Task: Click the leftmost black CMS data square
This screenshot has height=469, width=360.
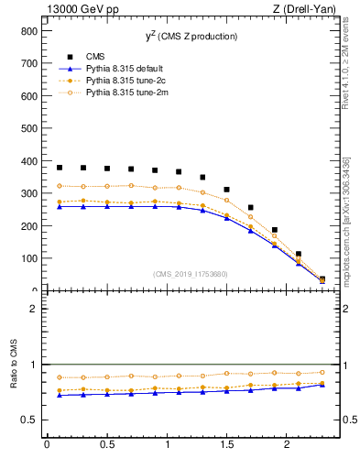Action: pos(60,168)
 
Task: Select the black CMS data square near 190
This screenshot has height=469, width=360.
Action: pos(274,230)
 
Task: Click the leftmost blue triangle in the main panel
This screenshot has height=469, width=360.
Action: pos(60,206)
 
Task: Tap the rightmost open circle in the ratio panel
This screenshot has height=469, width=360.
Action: pos(322,372)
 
